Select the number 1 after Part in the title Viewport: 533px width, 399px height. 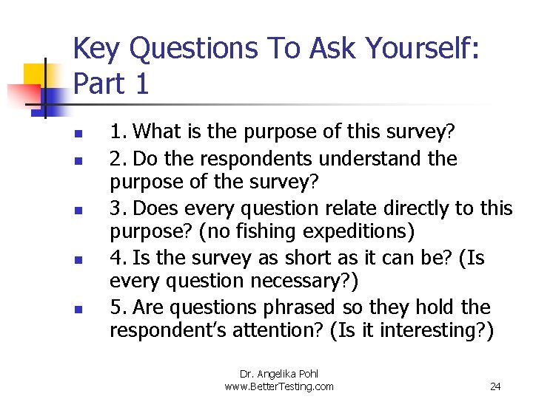[x=141, y=83]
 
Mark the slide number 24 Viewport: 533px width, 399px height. [x=496, y=386]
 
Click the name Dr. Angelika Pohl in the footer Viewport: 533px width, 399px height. [x=279, y=374]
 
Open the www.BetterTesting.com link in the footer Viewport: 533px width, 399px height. [x=279, y=386]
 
